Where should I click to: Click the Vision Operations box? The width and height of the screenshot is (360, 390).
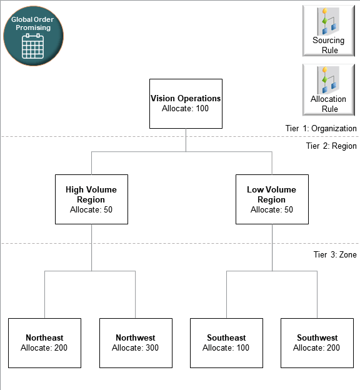185,103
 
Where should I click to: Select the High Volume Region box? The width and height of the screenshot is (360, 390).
91,199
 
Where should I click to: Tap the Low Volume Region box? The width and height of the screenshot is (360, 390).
272,199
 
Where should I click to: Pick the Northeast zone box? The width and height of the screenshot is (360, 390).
44,342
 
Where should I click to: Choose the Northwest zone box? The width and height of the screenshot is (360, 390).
136,342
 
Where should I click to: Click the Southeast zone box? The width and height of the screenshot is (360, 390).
226,342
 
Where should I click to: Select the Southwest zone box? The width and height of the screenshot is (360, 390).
317,342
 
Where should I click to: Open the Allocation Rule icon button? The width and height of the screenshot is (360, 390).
329,89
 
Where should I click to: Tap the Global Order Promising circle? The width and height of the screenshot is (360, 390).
33,36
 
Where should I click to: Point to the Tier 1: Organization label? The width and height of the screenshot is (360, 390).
321,128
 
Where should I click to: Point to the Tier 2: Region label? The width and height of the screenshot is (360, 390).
331,146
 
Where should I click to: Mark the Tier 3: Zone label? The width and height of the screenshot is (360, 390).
335,254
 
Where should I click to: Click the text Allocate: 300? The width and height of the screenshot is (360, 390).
136,347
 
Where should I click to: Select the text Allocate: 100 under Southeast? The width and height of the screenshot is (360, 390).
226,347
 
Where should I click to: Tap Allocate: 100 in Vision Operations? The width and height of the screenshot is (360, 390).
185,108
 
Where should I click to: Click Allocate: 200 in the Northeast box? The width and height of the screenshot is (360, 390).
44,347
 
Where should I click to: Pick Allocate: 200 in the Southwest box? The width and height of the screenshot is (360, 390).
317,347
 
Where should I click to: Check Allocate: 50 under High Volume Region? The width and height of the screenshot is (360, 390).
91,210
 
